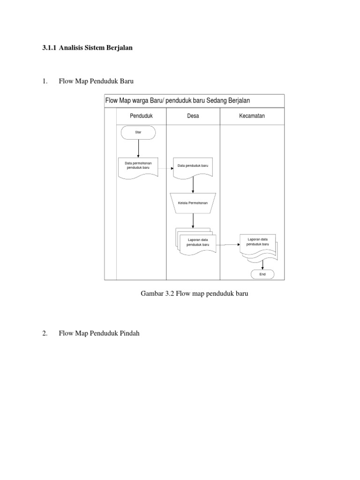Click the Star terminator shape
tap(138, 133)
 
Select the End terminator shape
tap(262, 274)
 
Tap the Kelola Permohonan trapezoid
tap(193, 202)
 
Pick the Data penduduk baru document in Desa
tap(193, 166)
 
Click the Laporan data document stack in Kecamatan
tap(258, 245)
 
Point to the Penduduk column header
tap(141, 116)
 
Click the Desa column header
tap(193, 116)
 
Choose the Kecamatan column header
tap(252, 116)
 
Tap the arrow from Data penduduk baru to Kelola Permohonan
tap(193, 185)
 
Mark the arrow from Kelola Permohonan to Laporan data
tap(193, 221)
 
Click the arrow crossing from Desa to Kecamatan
tap(228, 244)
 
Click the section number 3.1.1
tap(49, 48)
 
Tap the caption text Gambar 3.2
tap(157, 294)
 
